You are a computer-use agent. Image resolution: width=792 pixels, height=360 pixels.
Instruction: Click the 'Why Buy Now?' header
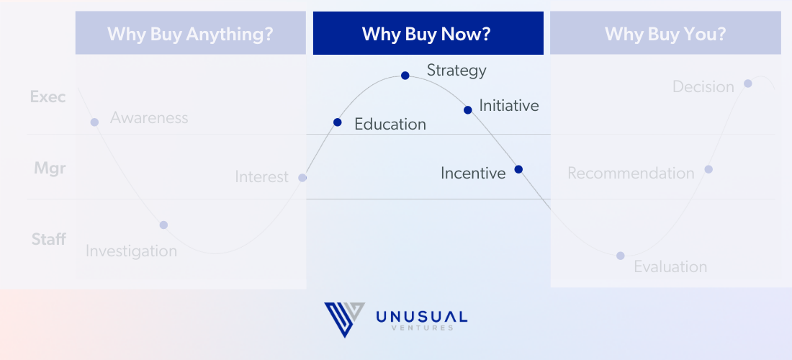click(x=428, y=33)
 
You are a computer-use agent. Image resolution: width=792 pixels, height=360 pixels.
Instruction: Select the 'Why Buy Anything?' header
click(x=190, y=33)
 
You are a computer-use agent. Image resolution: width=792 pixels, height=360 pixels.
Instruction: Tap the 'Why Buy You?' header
click(x=665, y=33)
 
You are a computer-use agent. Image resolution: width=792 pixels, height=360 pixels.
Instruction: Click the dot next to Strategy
click(x=405, y=76)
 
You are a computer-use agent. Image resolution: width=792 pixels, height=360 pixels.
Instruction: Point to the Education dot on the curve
click(x=338, y=122)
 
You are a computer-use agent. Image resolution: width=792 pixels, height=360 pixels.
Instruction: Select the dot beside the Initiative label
click(x=468, y=110)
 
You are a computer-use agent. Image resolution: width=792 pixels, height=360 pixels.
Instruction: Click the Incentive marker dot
click(x=518, y=169)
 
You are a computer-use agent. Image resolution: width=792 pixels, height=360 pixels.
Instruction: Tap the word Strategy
click(x=456, y=71)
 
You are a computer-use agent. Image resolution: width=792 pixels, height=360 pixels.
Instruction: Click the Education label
click(x=390, y=125)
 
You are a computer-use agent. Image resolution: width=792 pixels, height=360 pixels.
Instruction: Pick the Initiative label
click(x=508, y=106)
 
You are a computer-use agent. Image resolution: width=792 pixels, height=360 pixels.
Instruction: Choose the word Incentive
click(x=473, y=174)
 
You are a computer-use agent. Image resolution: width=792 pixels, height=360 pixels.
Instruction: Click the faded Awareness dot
click(x=94, y=122)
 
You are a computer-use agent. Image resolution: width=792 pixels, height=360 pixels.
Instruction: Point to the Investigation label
click(x=131, y=251)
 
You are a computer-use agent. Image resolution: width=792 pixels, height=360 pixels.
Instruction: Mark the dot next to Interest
click(x=302, y=178)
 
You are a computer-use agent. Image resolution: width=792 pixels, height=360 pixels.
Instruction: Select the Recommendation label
click(x=631, y=174)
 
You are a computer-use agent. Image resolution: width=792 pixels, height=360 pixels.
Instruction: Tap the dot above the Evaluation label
click(x=620, y=256)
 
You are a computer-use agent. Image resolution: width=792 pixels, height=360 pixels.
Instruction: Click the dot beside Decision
click(x=747, y=84)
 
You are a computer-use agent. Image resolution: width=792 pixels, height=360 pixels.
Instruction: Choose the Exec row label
click(x=48, y=96)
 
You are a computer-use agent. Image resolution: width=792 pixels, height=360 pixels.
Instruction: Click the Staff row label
click(x=48, y=239)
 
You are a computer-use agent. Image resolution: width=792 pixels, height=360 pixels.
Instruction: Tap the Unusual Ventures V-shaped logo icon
click(x=344, y=319)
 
